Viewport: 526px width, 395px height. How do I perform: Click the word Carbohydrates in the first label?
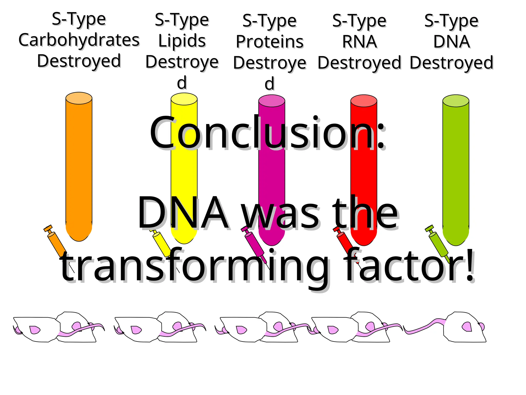click(x=79, y=40)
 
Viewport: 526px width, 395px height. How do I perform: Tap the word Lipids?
click(x=182, y=41)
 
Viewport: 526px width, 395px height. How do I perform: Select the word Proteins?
click(x=270, y=42)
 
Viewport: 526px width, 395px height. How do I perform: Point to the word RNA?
click(x=360, y=42)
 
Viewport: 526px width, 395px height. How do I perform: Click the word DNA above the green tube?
click(x=452, y=42)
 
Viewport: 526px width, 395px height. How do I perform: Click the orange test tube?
click(x=79, y=167)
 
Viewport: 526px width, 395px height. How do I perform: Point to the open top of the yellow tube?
click(x=184, y=99)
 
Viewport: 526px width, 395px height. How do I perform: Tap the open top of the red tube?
click(x=364, y=101)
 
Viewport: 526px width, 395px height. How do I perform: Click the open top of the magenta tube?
click(x=271, y=101)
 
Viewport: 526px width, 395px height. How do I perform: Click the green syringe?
click(x=438, y=243)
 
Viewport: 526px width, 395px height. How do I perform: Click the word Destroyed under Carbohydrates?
click(x=79, y=61)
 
